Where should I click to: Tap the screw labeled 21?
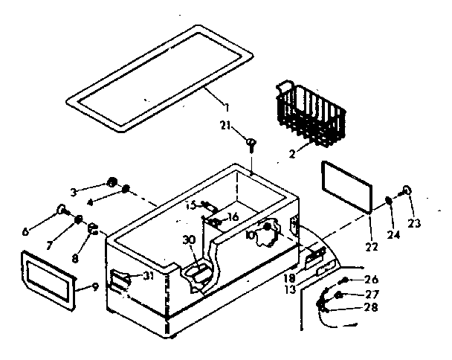click(253, 141)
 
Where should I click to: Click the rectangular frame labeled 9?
click(49, 277)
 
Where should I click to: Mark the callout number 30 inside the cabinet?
click(190, 240)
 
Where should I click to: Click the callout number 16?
click(233, 216)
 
